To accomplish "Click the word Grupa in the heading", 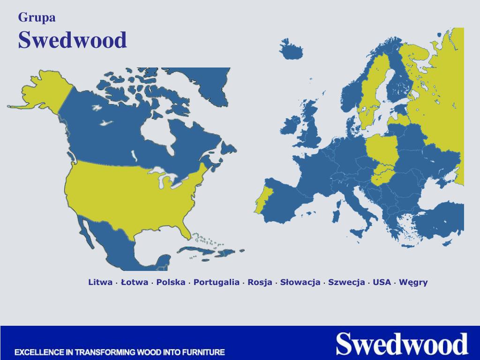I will [x=37, y=18].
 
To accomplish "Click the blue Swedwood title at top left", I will [x=73, y=40].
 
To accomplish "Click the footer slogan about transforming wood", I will [x=120, y=352].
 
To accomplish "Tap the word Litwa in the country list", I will [x=100, y=282].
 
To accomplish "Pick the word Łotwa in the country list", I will [x=135, y=282].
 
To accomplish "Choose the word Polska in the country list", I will [x=171, y=282].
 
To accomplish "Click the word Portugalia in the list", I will [x=217, y=282].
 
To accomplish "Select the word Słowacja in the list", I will [x=300, y=282].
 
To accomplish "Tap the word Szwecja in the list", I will [x=346, y=282].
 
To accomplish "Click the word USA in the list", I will [x=382, y=282].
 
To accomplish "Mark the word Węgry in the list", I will [x=413, y=282].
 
